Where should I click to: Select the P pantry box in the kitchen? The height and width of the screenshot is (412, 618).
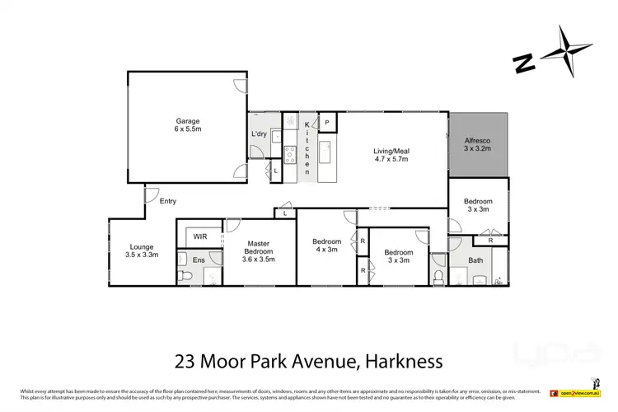(x=327, y=123)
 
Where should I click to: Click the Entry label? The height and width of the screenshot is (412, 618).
(x=167, y=201)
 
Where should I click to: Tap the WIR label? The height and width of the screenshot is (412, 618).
(x=200, y=236)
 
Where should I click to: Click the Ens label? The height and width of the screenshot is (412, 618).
(x=199, y=260)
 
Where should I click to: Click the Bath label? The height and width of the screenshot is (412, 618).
(x=475, y=260)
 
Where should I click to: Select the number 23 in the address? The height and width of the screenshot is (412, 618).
(x=185, y=360)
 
